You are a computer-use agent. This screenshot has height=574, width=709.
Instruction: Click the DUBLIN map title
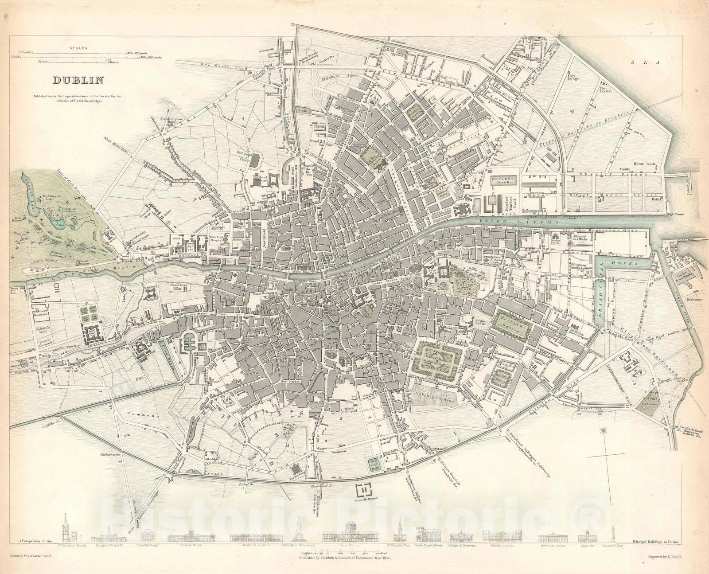click(78, 80)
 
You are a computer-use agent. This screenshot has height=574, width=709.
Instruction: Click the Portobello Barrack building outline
click(364, 490)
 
